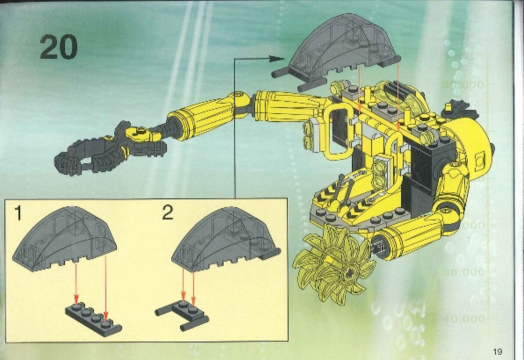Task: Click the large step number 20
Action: pyautogui.click(x=58, y=47)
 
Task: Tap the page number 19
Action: pyautogui.click(x=497, y=351)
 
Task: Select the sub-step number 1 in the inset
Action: pyautogui.click(x=18, y=213)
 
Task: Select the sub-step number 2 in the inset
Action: pyautogui.click(x=167, y=213)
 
